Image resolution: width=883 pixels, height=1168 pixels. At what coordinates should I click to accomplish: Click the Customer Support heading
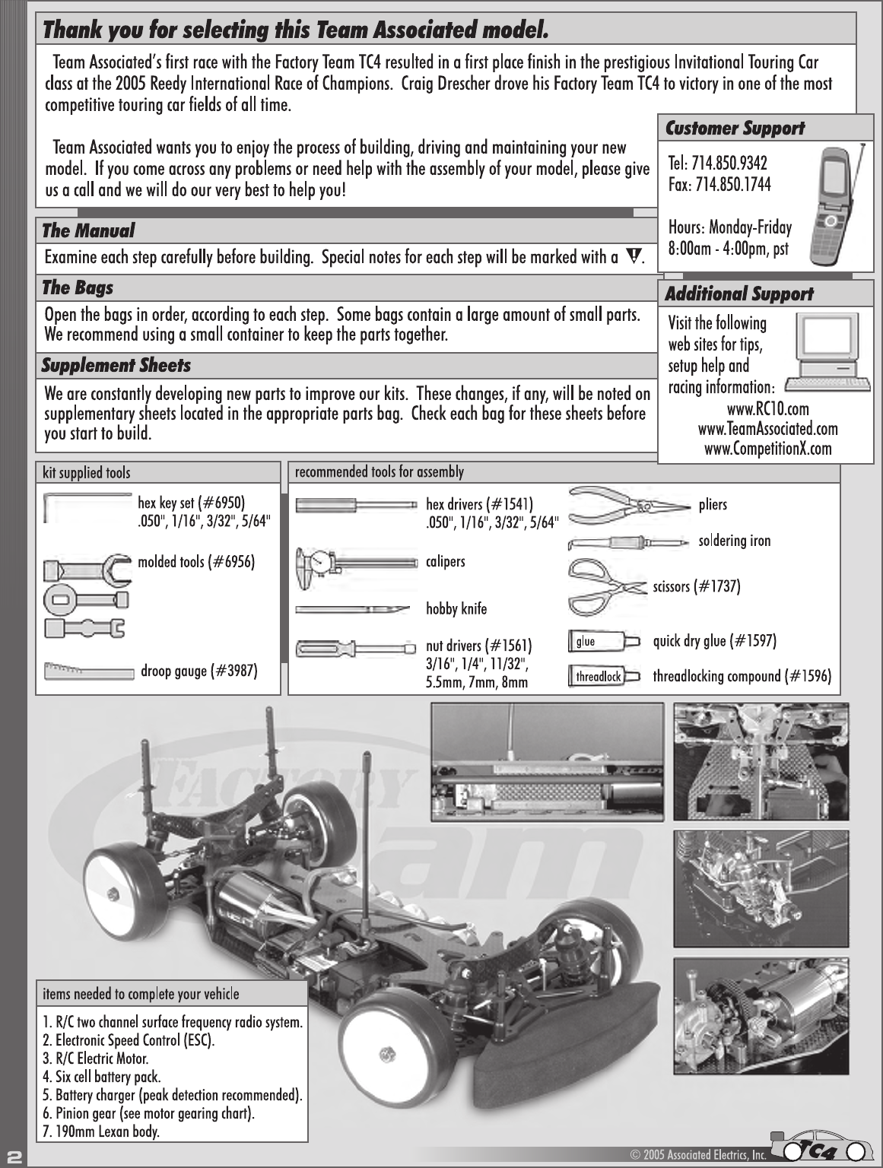735,129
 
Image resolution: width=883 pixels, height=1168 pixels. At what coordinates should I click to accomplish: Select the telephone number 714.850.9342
718,163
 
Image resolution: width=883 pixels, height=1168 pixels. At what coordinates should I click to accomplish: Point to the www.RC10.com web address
768,409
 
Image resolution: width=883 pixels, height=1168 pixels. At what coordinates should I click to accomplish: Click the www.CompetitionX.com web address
768,449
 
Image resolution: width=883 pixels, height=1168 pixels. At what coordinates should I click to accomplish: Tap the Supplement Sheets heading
116,366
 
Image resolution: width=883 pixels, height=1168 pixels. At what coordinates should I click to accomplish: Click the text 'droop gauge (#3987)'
199,671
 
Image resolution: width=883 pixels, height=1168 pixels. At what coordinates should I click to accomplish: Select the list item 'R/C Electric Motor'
96,1058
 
